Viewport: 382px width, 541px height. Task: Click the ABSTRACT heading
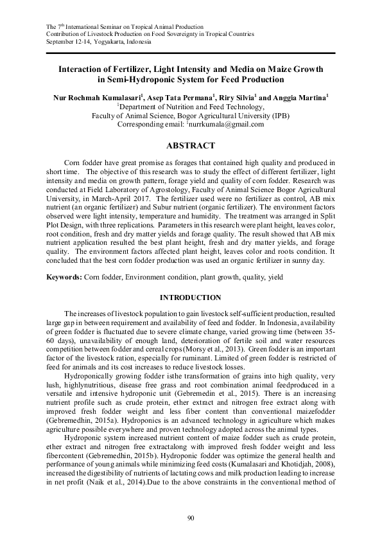pyautogui.click(x=190, y=146)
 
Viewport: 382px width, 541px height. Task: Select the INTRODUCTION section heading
pyautogui.click(x=190, y=297)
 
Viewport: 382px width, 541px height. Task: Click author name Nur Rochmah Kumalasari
pyautogui.click(x=98, y=96)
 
